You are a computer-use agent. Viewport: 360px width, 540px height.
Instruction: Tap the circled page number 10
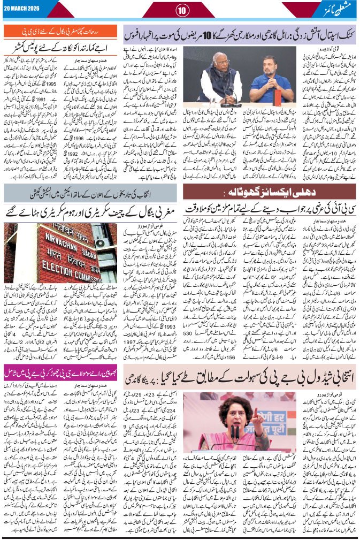[180, 9]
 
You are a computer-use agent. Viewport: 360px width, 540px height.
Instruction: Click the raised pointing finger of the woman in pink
[256, 414]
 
